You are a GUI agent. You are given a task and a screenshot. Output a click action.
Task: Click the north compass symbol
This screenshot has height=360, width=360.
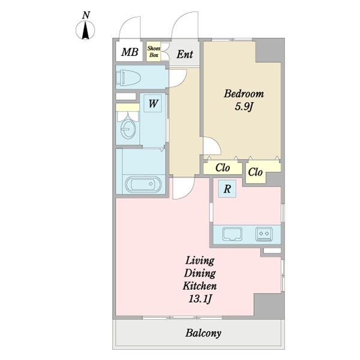coord(85,30)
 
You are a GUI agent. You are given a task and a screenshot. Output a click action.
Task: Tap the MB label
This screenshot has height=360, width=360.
coord(130,52)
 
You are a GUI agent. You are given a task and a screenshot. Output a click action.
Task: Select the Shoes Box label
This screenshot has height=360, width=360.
coord(154,52)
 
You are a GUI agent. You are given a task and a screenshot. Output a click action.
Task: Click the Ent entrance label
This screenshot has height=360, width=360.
coord(185,55)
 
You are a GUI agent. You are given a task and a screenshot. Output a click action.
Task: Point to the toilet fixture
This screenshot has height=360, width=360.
coord(128,77)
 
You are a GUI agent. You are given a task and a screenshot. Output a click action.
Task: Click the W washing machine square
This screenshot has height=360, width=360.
coord(152,103)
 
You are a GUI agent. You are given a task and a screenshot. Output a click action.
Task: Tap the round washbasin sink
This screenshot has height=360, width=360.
coord(128,130)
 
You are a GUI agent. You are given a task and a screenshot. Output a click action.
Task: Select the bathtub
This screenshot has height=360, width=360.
coord(143,184)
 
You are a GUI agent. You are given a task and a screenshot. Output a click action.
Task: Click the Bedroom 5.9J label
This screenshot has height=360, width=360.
coord(244,100)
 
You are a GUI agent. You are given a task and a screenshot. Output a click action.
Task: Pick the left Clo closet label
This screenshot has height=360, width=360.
coord(223,168)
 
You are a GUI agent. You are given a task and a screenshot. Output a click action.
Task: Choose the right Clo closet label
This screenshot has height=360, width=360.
coord(255,172)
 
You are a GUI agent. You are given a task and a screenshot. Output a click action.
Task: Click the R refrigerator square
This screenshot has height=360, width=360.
coord(227,189)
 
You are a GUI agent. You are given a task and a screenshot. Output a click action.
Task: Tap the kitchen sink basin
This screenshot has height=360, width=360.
coord(232,234)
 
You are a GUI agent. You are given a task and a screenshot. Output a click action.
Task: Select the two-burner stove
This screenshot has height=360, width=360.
coord(264,234)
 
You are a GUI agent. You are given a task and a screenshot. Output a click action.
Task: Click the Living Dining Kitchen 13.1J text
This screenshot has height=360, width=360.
coord(200,280)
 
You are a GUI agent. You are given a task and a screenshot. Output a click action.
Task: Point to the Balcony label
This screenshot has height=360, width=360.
coord(203,333)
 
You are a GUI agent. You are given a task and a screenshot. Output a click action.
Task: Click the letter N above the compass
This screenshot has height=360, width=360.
coord(86,15)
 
